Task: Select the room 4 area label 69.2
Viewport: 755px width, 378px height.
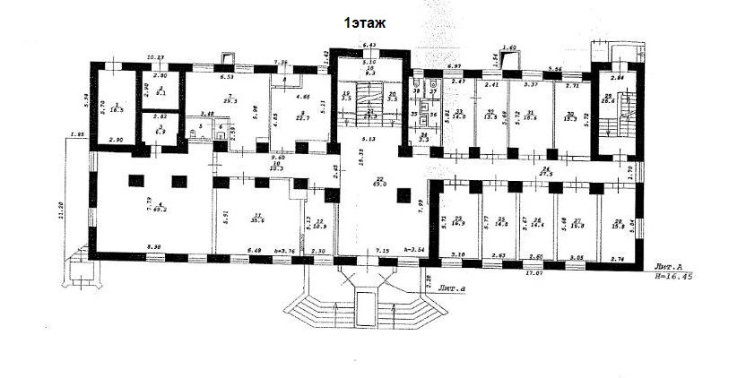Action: coord(161,210)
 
